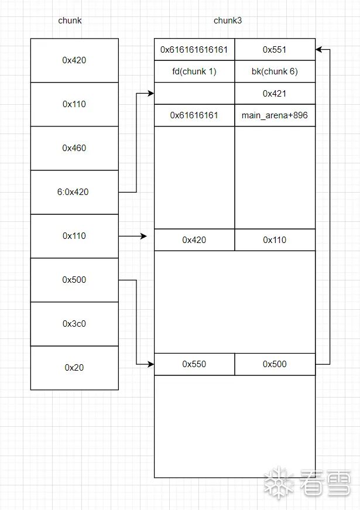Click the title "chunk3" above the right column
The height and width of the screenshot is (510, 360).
pos(228,20)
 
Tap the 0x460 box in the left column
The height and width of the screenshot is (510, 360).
pos(74,148)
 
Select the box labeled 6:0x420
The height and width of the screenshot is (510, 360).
pos(74,192)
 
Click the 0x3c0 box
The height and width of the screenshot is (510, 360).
pos(74,324)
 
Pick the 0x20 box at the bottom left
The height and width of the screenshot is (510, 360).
pos(74,368)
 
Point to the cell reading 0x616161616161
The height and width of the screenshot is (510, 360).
pos(194,50)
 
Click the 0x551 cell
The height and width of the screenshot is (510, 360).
pos(275,50)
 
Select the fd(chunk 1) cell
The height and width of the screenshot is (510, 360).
pos(194,71)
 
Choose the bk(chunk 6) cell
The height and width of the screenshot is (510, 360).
pos(275,71)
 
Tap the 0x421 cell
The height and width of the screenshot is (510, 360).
pos(275,94)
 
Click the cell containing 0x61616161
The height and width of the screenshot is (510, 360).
pos(194,115)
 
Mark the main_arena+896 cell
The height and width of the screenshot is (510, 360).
pos(275,115)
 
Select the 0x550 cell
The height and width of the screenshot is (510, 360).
pos(194,364)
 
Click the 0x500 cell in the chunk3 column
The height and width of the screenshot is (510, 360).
pos(275,364)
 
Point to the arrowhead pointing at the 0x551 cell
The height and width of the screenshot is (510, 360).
pos(318,50)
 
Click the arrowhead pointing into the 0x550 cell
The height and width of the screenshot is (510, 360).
pos(151,364)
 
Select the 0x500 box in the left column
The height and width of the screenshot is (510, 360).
pos(74,280)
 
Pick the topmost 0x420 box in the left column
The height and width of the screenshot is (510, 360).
pos(74,60)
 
